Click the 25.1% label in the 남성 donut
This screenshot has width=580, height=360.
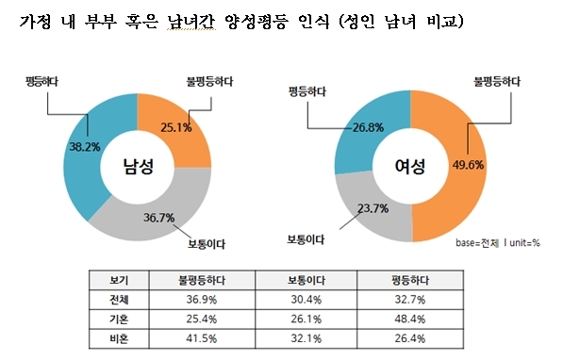[x=176, y=128]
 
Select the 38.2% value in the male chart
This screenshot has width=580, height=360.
[x=85, y=147]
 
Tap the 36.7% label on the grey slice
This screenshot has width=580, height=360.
[x=158, y=218]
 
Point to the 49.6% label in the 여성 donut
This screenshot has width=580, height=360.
[x=468, y=165]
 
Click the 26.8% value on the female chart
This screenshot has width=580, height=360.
[x=368, y=128]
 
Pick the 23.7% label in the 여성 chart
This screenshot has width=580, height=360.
[x=373, y=209]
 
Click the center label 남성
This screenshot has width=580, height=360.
[x=138, y=166]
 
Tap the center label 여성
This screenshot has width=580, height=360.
[x=410, y=166]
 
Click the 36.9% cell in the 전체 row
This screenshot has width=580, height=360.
[x=202, y=300]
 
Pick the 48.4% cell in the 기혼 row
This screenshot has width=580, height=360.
[x=410, y=319]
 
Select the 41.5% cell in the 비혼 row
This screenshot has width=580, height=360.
[x=202, y=338]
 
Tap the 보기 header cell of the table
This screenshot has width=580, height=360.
[x=119, y=280]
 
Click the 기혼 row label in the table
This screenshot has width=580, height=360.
[x=119, y=319]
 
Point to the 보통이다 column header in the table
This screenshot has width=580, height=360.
[x=307, y=280]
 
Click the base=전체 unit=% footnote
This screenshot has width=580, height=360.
[x=498, y=243]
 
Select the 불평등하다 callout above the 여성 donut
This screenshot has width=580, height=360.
[x=497, y=82]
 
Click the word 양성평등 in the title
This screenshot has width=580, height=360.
[x=256, y=22]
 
